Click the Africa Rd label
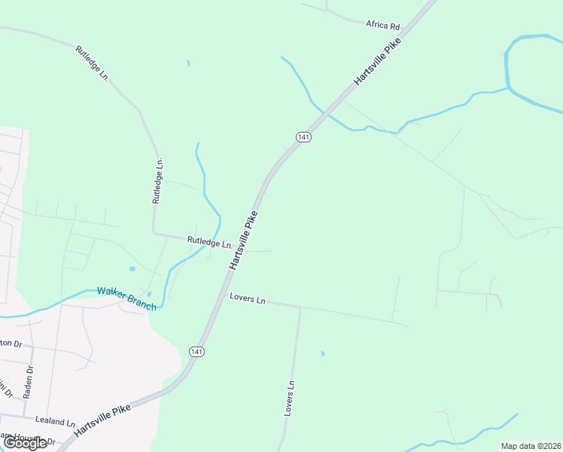tap(382, 25)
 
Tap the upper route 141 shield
tap(303, 136)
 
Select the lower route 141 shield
tap(196, 352)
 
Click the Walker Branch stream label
tap(126, 298)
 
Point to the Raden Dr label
tap(29, 381)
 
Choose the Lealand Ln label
tap(55, 423)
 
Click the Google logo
tap(24, 443)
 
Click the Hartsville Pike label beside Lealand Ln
tap(103, 418)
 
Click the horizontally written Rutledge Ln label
tap(209, 243)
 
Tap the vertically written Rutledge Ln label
tap(158, 181)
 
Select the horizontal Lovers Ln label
tap(248, 300)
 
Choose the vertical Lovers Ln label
tap(289, 399)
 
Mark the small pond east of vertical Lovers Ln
tap(322, 353)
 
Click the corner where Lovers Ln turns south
tap(300, 307)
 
